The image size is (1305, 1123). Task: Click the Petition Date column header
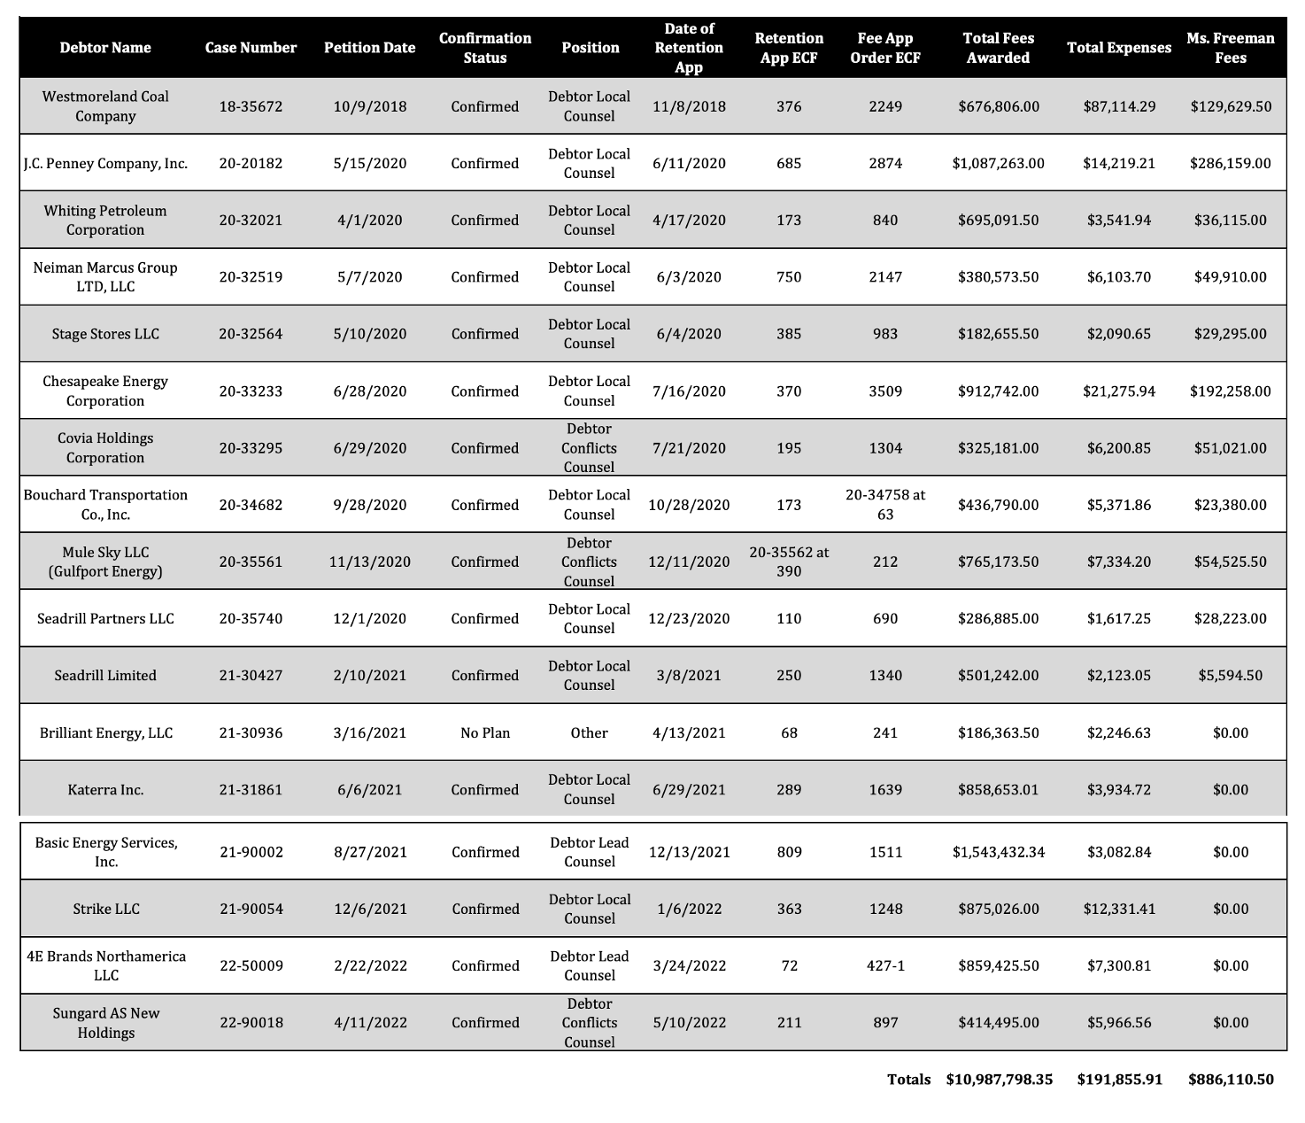point(369,48)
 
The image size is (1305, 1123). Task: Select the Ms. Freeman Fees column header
point(1231,48)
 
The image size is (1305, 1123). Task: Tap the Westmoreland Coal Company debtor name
point(105,106)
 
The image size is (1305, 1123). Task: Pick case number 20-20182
point(251,163)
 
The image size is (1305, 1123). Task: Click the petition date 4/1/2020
point(369,220)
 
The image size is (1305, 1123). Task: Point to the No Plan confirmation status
point(484,732)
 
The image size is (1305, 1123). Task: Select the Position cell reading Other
point(589,732)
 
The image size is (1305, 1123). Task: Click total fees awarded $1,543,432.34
point(999,852)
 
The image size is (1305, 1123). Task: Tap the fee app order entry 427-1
point(885,965)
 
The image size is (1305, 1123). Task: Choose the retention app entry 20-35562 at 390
point(789,561)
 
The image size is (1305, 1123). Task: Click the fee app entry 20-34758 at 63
point(885,505)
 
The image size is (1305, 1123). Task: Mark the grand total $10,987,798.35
point(999,1079)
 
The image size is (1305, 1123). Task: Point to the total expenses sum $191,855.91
point(1119,1079)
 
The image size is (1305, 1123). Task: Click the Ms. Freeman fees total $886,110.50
point(1231,1079)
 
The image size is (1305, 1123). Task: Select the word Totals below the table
point(909,1079)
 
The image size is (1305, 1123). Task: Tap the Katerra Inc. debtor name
point(105,789)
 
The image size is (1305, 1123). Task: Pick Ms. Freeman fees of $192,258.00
point(1231,391)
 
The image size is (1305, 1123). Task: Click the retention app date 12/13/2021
point(689,852)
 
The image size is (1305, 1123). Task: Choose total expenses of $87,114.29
point(1119,106)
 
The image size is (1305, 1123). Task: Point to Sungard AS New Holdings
point(105,1023)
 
